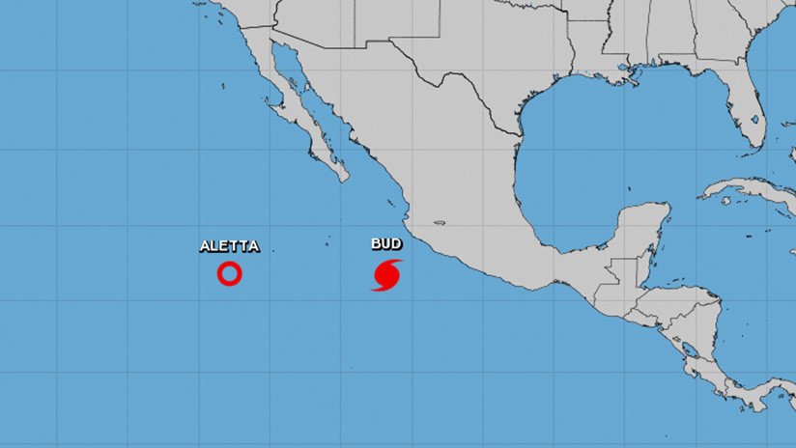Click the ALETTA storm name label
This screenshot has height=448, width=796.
click(x=229, y=246)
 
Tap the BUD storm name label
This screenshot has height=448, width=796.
click(x=386, y=244)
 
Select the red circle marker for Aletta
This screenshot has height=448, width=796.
click(x=229, y=274)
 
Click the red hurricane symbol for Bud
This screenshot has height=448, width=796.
click(x=387, y=274)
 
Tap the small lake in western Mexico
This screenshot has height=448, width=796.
click(x=440, y=224)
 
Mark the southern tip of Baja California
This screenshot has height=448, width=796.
click(x=342, y=178)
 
